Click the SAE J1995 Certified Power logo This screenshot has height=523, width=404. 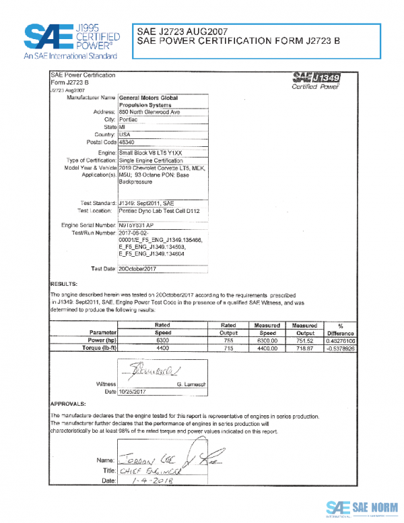coord(71,40)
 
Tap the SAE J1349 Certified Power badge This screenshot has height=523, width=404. coord(316,80)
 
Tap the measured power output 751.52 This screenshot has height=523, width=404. coord(306,341)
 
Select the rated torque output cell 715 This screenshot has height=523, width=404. coord(229,349)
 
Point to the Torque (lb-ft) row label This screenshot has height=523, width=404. coord(98,349)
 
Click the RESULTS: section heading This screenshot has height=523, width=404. coord(65,284)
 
